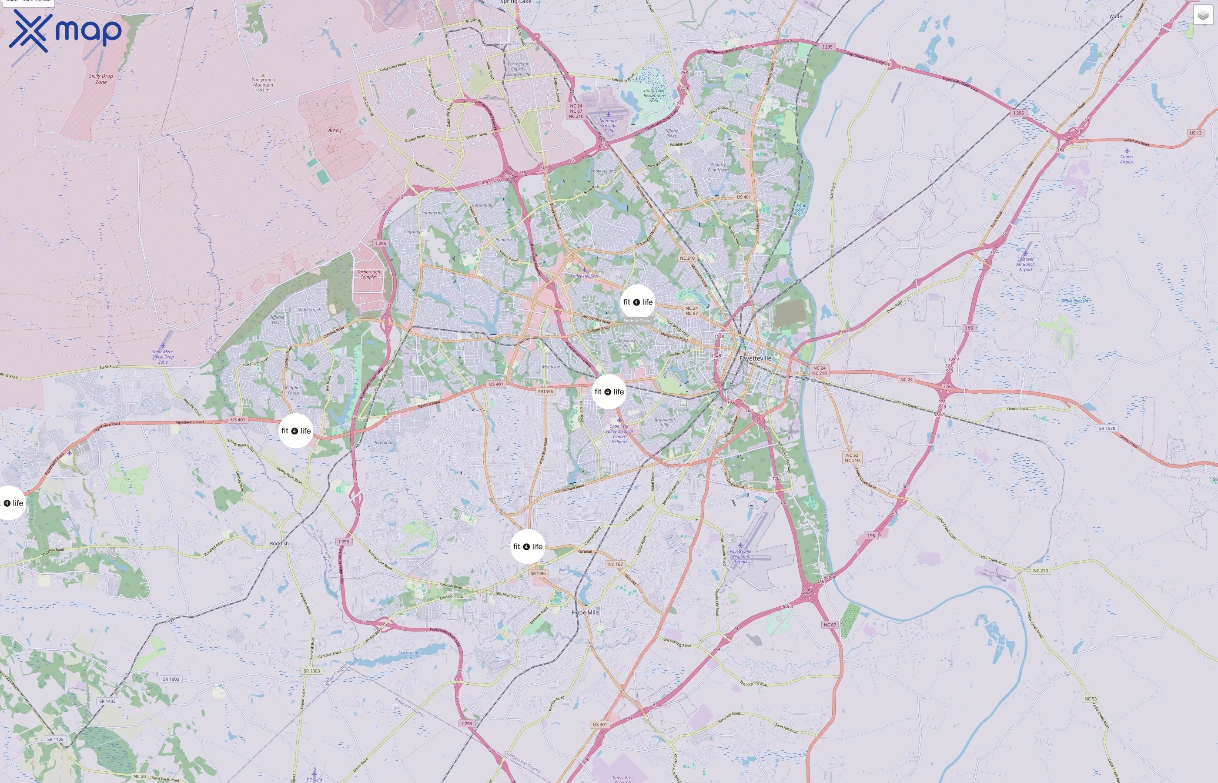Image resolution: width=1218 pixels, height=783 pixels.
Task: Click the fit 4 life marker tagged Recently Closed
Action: (637, 302)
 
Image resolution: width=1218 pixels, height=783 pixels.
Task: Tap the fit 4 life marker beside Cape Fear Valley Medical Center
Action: (609, 391)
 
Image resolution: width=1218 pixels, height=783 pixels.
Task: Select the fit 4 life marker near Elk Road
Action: (528, 546)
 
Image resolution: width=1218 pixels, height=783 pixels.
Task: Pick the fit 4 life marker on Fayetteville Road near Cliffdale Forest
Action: (296, 431)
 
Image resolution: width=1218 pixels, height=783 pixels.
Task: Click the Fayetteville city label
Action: (755, 358)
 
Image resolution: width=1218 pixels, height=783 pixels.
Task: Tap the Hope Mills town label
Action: (585, 612)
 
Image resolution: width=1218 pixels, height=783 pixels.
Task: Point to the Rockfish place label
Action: (279, 543)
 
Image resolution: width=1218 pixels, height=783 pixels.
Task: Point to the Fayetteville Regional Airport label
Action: (740, 556)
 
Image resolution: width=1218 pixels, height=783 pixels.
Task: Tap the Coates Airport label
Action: (1127, 159)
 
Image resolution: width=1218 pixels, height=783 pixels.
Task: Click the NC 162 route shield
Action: (615, 564)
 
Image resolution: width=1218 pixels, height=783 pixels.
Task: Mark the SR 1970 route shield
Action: (1107, 428)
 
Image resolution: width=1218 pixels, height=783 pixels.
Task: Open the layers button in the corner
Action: (1203, 15)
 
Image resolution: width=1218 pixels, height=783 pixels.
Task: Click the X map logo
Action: (65, 30)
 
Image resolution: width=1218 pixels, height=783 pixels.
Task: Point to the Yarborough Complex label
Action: (368, 274)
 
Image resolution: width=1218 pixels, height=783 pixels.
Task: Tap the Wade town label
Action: (1115, 16)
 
